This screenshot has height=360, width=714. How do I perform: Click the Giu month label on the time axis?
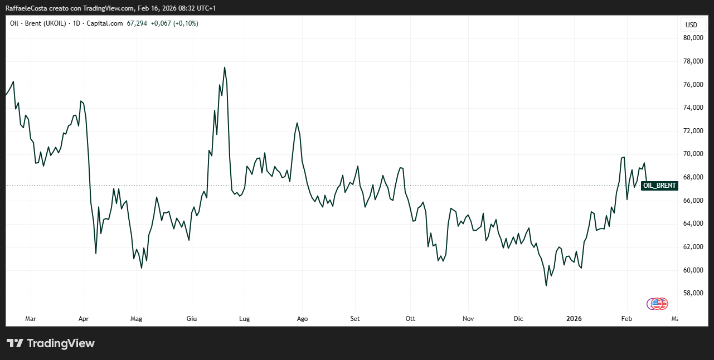[x=191, y=319]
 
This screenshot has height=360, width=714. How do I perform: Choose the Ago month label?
[x=302, y=319]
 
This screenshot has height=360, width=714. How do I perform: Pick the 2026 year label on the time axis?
[x=574, y=319]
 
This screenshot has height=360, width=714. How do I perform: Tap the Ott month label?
[x=410, y=319]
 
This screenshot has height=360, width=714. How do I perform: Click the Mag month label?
[x=136, y=319]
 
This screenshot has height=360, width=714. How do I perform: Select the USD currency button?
[x=691, y=25]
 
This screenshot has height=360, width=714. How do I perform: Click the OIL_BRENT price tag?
[x=659, y=186]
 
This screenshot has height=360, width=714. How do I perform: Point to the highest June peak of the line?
[x=225, y=67]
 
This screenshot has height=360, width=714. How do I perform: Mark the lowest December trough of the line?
[x=546, y=286]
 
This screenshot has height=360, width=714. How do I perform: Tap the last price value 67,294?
[x=137, y=23]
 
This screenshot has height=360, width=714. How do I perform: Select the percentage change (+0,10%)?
[x=186, y=23]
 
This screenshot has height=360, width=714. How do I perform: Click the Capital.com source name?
[x=108, y=23]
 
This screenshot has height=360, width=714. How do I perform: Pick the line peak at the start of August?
[x=297, y=123]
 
